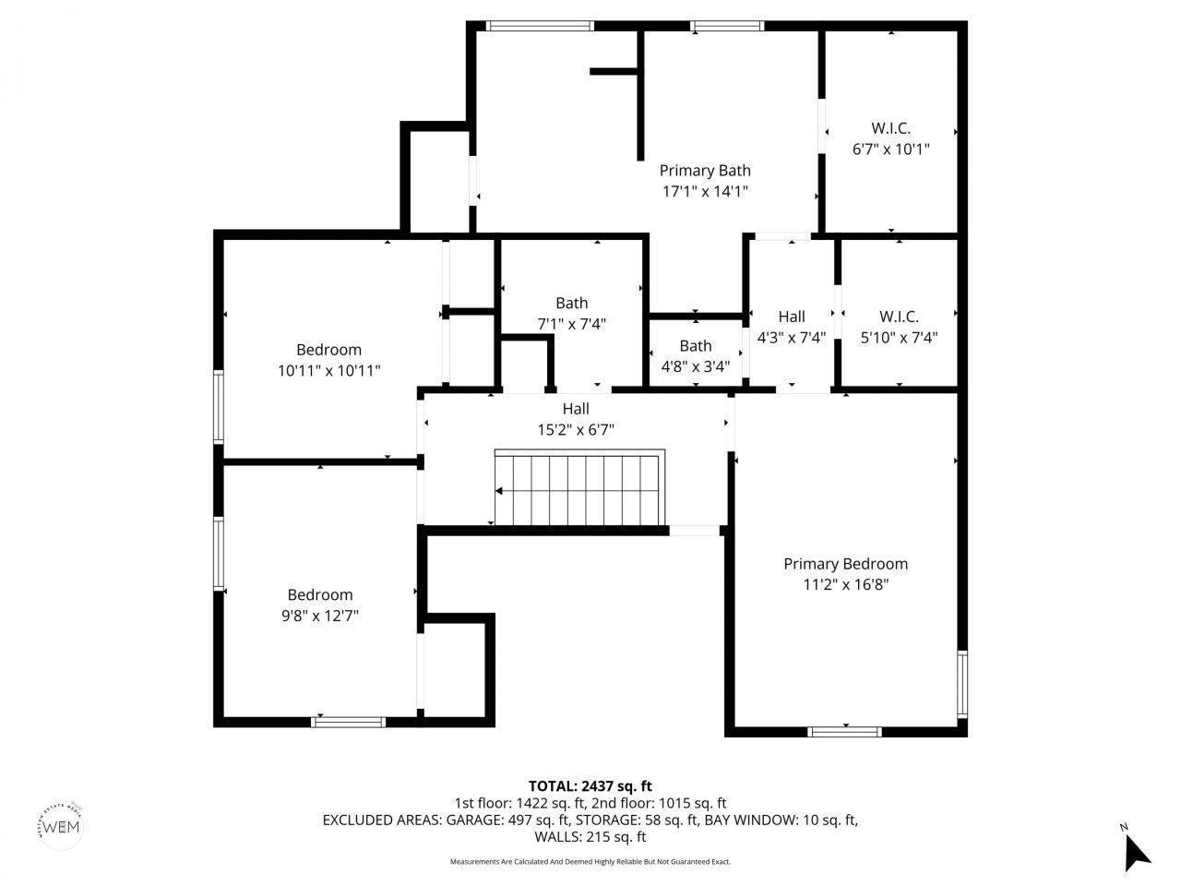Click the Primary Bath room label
[x=705, y=171]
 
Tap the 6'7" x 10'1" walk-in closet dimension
[x=890, y=149]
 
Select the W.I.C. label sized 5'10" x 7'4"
[x=899, y=316]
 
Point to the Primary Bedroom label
[x=845, y=564]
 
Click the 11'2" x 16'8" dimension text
[x=845, y=584]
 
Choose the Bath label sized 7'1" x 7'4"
[x=571, y=303]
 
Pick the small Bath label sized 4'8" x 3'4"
[x=696, y=346]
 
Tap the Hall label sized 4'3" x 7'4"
[x=791, y=317]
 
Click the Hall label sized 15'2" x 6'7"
[x=576, y=409]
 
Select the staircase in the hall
[x=579, y=489]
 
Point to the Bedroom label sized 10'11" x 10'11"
[x=328, y=350]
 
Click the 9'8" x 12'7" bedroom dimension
[x=319, y=616]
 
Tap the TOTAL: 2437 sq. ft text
[x=590, y=786]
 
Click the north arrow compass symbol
[x=1136, y=850]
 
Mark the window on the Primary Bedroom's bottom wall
[x=844, y=732]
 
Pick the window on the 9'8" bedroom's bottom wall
[x=348, y=722]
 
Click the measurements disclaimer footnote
[x=590, y=862]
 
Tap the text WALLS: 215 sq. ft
[x=590, y=837]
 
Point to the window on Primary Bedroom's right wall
[x=961, y=684]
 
